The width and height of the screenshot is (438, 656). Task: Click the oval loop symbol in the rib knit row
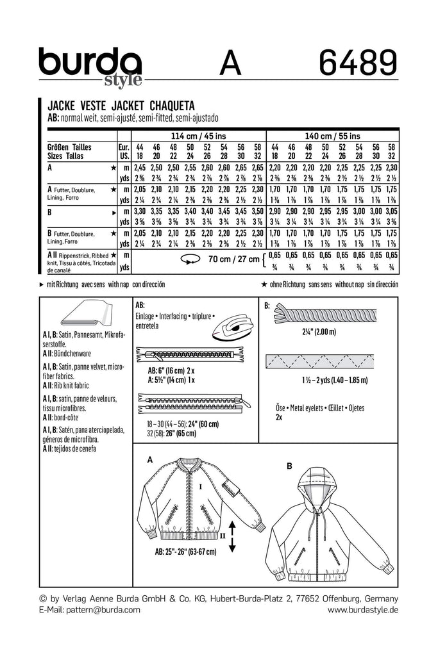[x=190, y=259]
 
